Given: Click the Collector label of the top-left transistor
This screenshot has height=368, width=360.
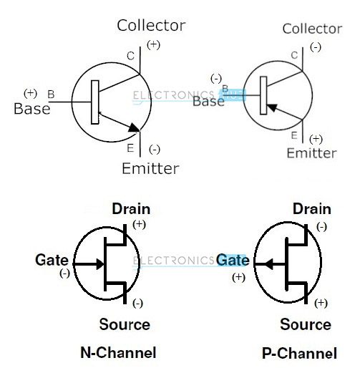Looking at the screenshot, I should click(x=151, y=26).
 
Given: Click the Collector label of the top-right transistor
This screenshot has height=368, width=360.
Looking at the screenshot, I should click(x=311, y=29).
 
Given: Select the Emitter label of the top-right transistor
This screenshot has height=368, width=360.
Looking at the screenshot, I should click(x=311, y=153).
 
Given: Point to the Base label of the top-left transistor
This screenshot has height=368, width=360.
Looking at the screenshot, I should click(x=32, y=109).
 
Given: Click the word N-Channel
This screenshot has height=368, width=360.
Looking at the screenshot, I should click(x=118, y=352).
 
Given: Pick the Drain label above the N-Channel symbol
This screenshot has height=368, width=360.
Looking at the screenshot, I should click(x=131, y=209).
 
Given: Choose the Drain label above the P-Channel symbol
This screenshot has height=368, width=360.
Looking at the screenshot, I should click(x=312, y=209).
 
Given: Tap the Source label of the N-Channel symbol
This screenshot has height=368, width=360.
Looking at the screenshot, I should click(x=125, y=325).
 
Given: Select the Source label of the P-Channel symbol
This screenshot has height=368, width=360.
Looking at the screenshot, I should click(x=306, y=325).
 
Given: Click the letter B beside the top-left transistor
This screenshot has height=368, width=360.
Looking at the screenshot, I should click(x=50, y=94).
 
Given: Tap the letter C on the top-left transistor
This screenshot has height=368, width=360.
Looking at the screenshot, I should click(x=130, y=56).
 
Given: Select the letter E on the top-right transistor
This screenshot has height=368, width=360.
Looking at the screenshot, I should click(x=294, y=134).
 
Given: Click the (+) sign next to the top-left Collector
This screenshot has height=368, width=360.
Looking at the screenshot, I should click(x=154, y=45).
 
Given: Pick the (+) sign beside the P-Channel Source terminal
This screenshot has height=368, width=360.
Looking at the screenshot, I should click(x=321, y=303).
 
